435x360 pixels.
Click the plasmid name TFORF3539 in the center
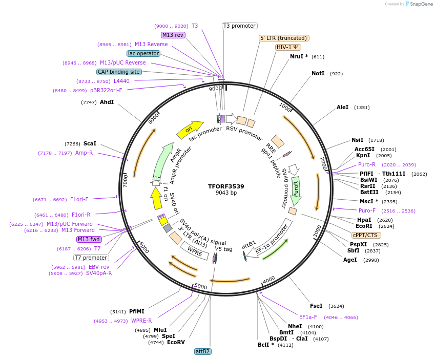(226, 186)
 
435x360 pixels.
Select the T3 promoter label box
(239, 26)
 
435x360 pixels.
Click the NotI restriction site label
(318, 74)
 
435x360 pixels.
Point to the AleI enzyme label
(342, 108)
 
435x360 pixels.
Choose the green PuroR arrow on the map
(296, 190)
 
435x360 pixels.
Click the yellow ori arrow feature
(189, 131)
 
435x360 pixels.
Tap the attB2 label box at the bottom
(203, 351)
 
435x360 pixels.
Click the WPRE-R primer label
(141, 321)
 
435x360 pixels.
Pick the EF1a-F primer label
(308, 317)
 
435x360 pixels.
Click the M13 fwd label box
(89, 239)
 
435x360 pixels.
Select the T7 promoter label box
(91, 258)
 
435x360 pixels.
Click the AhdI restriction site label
(107, 102)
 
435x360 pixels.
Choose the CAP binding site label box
(119, 72)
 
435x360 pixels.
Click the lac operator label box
(143, 53)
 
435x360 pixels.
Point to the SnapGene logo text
(422, 4)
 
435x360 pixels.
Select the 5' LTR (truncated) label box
(284, 38)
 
